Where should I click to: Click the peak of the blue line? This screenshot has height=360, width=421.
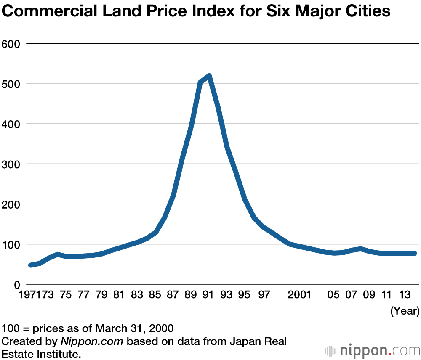pos(209,76)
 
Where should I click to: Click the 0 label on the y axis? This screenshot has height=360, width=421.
pos(17,285)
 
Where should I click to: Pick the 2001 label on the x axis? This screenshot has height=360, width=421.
pos(299,295)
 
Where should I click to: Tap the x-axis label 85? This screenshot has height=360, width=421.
pos(155,295)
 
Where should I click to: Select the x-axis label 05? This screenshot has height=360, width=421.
pos(333,295)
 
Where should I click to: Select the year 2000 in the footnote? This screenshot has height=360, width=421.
pos(162,328)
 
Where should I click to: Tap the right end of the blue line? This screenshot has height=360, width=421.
pos(415,253)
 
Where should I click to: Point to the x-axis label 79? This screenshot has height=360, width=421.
pos(101,295)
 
